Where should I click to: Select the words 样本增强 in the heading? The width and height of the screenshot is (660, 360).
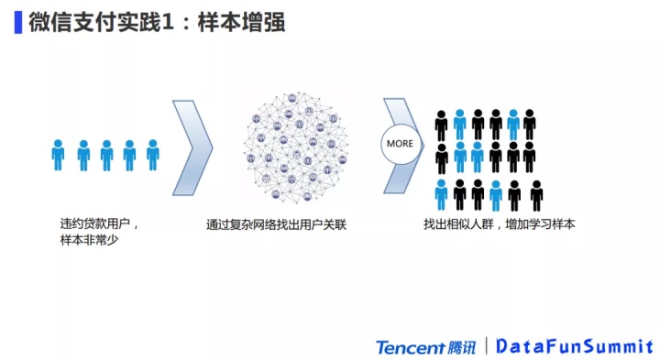click(x=241, y=22)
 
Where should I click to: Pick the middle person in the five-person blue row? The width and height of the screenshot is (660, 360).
click(x=106, y=155)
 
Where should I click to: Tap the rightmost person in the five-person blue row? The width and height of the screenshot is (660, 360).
click(x=153, y=155)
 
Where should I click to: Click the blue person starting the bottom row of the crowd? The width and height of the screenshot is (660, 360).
click(x=442, y=195)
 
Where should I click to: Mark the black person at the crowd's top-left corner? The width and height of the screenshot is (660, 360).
click(x=442, y=125)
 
